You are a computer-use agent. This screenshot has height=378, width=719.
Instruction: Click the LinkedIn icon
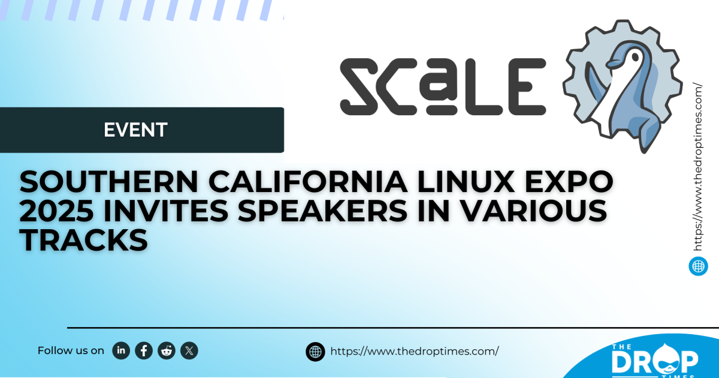point(121,350)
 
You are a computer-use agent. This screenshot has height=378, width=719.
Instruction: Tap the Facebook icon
point(144,350)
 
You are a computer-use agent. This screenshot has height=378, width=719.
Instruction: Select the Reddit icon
point(167,350)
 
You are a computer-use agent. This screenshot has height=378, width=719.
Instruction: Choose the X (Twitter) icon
point(189,350)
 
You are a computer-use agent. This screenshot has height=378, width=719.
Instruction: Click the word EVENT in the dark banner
point(135,130)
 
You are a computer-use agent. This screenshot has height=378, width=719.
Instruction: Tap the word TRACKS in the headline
point(84,241)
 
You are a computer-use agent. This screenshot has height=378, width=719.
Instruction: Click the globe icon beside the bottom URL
point(315,352)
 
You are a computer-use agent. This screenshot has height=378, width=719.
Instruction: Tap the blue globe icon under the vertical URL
point(699,266)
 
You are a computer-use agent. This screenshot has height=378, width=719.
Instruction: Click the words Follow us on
point(71,351)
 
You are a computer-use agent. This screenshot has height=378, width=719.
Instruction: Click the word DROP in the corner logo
point(654,361)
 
